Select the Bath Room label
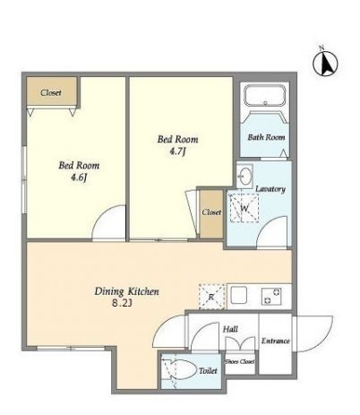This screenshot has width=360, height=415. click(x=266, y=137)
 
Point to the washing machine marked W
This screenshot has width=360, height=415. click(x=244, y=208)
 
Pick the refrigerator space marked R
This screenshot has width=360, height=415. click(x=211, y=297)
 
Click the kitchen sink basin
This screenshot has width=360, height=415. click(x=239, y=296)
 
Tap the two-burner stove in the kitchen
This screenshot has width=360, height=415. click(x=271, y=296)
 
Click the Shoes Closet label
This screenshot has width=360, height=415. click(x=240, y=361)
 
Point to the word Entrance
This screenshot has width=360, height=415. click(x=275, y=341)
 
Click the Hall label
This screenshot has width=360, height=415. click(x=230, y=329)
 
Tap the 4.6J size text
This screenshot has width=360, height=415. click(x=79, y=178)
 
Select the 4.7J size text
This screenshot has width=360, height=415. click(x=177, y=151)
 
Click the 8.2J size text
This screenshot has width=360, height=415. click(x=122, y=304)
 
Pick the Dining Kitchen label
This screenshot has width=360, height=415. click(x=126, y=291)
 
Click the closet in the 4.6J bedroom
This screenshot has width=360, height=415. click(x=52, y=91)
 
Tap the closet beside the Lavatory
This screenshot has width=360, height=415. click(x=211, y=214)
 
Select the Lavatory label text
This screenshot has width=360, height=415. click(x=270, y=189)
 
